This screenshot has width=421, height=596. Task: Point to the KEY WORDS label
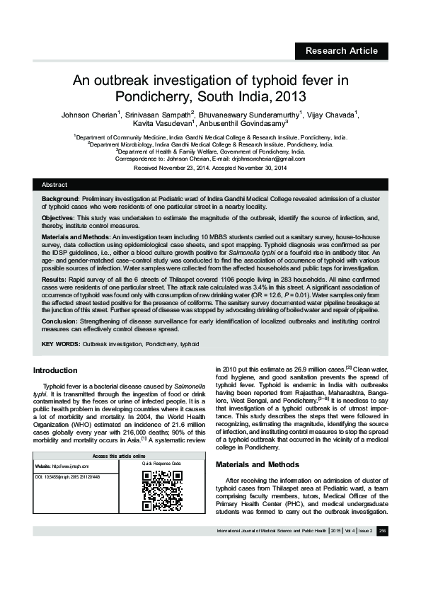tap(60, 343)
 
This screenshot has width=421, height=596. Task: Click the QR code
tap(163, 491)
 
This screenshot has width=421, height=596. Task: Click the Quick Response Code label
tap(162, 464)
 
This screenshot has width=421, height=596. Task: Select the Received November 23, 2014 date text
tap(169, 168)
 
